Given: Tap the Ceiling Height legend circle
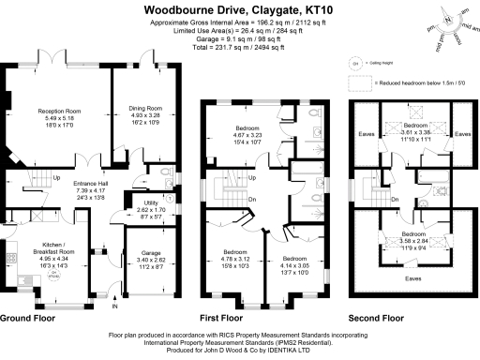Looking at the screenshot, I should click(356, 64).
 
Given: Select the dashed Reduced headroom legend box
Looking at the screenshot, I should click(356, 83).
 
